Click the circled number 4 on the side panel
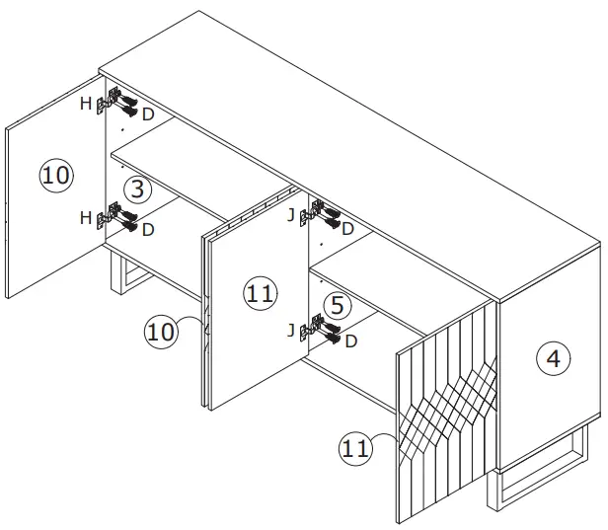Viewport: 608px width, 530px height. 553,359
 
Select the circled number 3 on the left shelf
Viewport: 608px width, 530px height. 136,189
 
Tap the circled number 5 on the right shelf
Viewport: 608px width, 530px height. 337,305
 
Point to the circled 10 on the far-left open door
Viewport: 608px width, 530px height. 56,176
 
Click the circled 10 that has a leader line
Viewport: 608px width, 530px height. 162,331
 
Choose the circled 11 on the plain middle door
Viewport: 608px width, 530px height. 261,293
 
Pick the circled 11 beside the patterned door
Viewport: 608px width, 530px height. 356,448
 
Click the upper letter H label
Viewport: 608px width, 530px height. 86,103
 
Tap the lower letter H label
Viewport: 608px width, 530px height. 86,216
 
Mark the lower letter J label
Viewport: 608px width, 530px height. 290,331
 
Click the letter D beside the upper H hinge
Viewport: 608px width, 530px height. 148,114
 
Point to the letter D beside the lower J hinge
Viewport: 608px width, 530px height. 350,341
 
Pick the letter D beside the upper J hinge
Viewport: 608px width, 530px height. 346,228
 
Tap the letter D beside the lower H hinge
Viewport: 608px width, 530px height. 148,229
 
